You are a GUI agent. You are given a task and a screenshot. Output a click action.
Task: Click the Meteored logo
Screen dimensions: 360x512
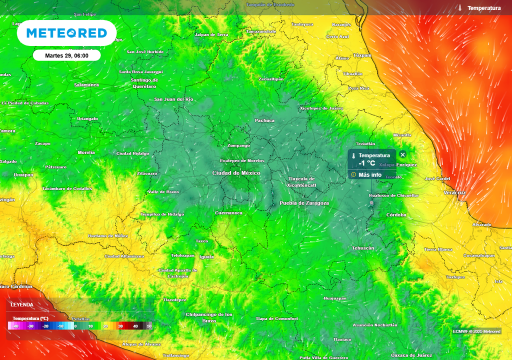pos(66,33)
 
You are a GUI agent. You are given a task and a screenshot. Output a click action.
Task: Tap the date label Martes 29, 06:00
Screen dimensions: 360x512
pos(66,55)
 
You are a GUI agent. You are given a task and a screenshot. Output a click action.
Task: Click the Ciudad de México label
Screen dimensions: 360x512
pos(236,173)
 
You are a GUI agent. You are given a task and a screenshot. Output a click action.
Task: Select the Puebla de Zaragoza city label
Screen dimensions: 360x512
pos(304,203)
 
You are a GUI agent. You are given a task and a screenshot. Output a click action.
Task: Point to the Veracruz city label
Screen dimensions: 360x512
pos(454,192)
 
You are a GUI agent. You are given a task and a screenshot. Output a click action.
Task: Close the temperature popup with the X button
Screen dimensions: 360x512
pos(403,155)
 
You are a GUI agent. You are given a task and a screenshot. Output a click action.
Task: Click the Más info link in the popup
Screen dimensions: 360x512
pos(369,175)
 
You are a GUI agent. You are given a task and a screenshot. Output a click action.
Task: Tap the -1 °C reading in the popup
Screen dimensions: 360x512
pos(366,163)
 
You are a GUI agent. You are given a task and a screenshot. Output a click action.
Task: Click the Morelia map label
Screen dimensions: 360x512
pos(86,152)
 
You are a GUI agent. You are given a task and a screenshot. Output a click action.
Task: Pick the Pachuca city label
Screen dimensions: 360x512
pos(264,120)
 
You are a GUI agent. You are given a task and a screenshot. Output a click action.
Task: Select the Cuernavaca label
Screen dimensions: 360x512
pos(228,213)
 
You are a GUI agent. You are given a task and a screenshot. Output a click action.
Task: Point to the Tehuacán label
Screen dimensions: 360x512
pos(363,248)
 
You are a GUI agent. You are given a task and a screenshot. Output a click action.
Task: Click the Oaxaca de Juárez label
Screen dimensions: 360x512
pos(411,355)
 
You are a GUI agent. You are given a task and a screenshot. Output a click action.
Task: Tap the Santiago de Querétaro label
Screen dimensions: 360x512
pos(144,83)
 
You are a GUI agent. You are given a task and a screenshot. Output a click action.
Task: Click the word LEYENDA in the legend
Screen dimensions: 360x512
pos(22,304)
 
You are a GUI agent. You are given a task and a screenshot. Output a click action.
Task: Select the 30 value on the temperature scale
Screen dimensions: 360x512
pos(120,326)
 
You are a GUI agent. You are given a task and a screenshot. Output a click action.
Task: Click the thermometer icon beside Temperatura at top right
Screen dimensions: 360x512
pos(459,8)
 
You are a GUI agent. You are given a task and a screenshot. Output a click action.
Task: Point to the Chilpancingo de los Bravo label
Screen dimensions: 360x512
pos(209,317)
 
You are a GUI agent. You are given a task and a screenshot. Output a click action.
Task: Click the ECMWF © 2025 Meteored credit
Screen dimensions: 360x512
pos(476,331)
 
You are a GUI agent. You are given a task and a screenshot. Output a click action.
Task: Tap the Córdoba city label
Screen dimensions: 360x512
pos(396,215)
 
